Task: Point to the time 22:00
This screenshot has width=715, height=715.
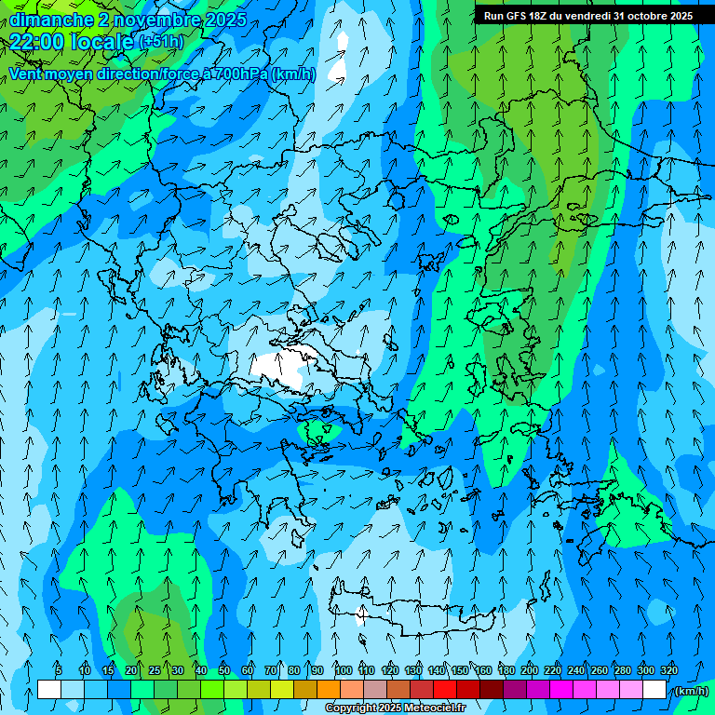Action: point(37,41)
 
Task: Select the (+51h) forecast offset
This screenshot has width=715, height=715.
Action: point(160,42)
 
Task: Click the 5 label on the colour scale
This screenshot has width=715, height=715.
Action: point(59,670)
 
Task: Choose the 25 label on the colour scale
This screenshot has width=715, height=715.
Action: point(155,670)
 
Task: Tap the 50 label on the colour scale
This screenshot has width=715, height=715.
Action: point(224,670)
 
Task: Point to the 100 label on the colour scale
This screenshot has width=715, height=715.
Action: point(344,670)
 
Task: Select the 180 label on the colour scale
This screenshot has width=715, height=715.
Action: point(506,670)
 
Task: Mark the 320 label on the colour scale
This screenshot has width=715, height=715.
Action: point(669,670)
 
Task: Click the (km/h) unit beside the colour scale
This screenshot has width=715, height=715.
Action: point(691,691)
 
